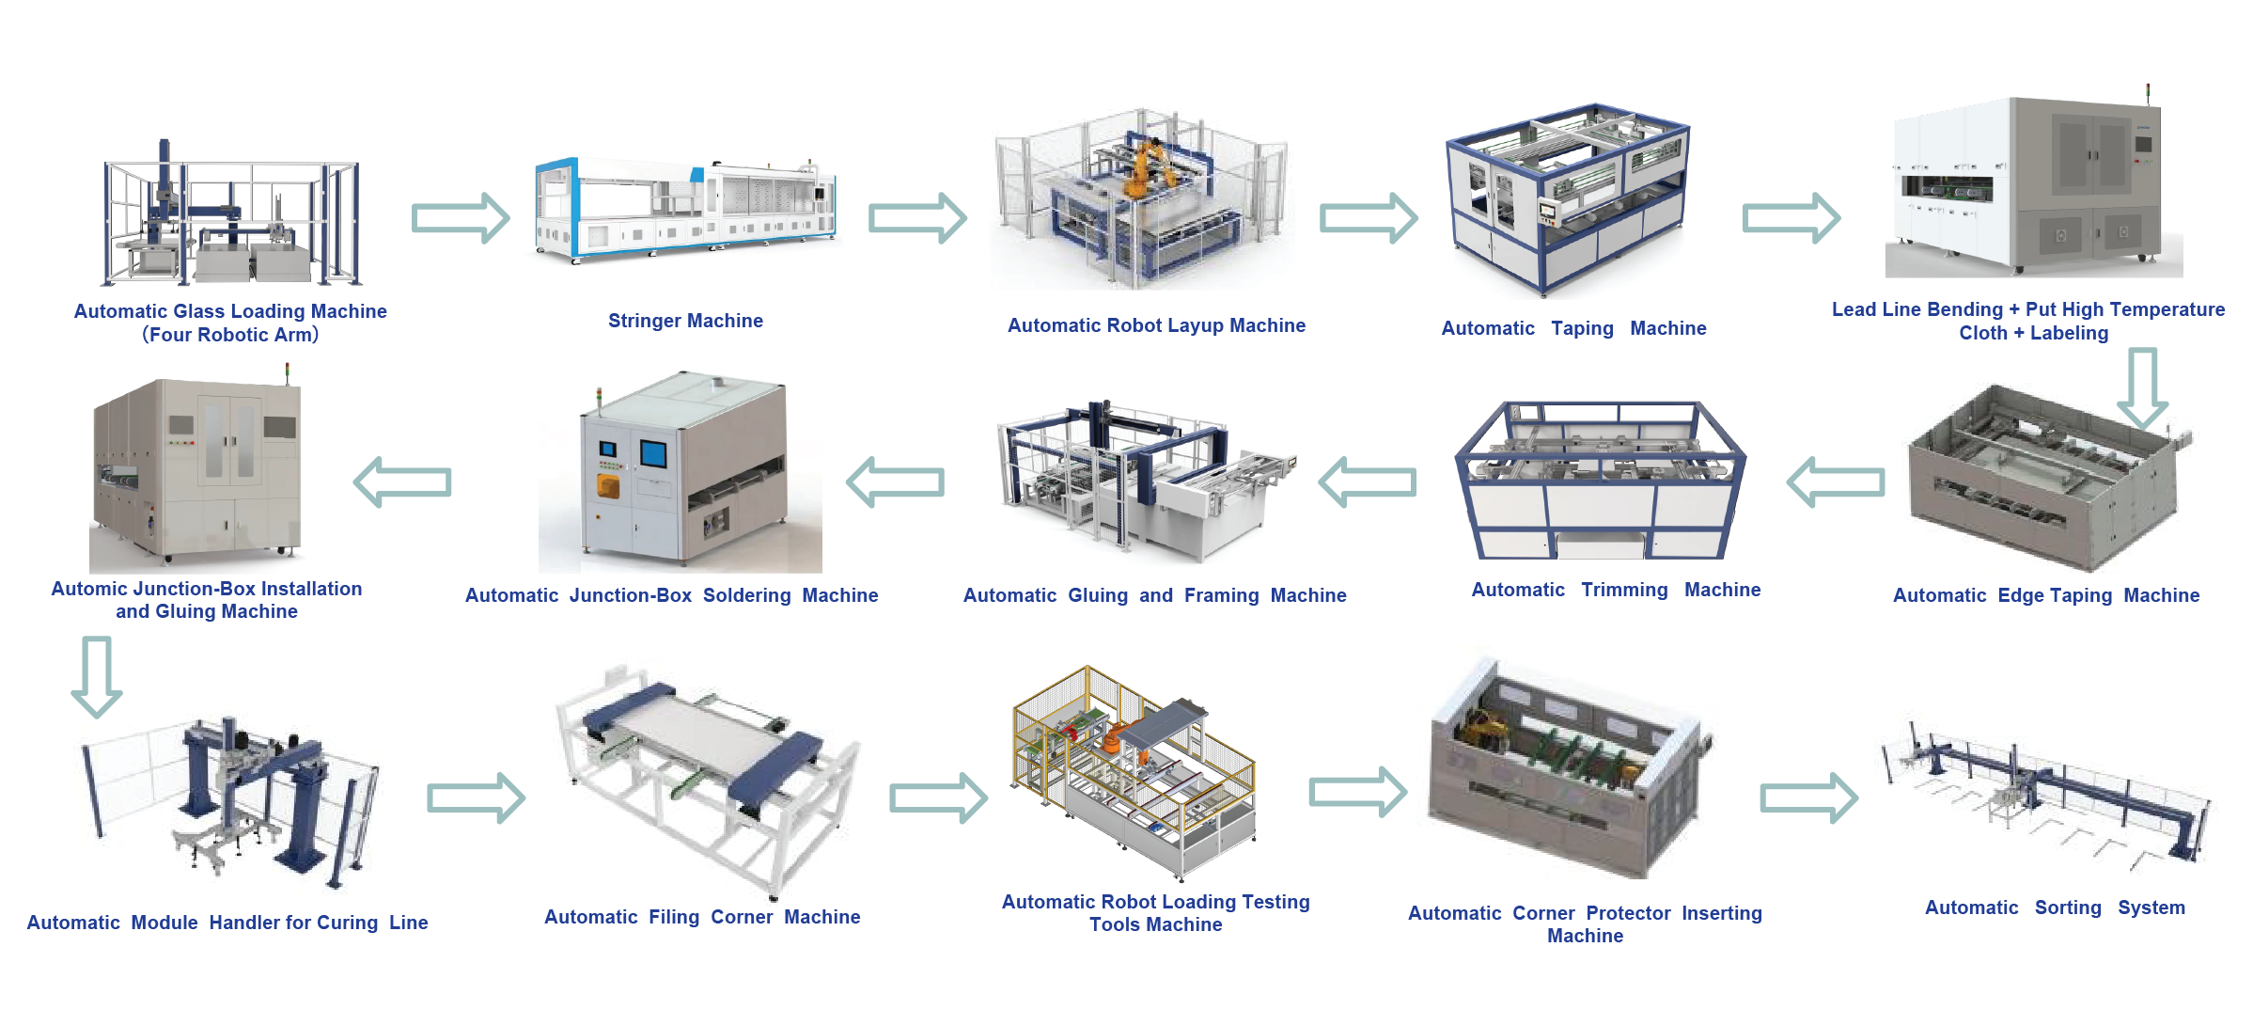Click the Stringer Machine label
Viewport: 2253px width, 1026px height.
685,321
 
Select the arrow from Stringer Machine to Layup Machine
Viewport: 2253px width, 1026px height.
916,218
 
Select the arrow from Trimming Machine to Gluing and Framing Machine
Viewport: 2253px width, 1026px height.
1368,482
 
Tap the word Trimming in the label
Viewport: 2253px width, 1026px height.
1624,590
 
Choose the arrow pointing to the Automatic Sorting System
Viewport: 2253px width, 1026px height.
1807,797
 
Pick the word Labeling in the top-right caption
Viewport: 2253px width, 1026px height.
2069,333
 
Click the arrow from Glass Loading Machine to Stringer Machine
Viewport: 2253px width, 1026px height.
460,218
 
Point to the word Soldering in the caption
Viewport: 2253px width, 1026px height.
746,595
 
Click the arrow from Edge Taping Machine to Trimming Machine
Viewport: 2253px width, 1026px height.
1836,482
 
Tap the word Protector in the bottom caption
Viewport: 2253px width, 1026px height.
1628,913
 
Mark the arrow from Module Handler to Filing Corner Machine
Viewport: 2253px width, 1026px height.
476,797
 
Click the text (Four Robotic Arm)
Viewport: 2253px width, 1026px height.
230,335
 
